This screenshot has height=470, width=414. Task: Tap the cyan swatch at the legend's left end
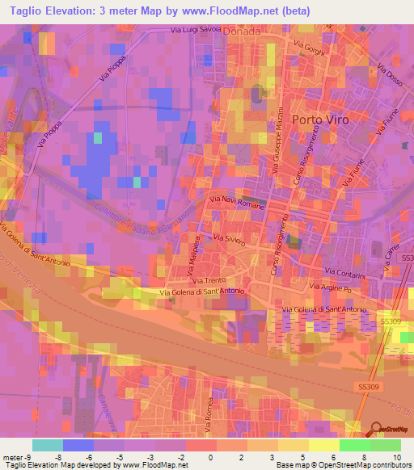[x=48, y=445]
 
